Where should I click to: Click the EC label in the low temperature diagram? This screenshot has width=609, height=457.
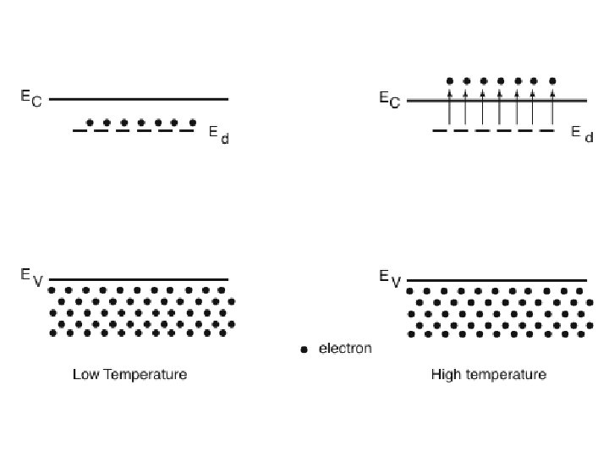tap(31, 98)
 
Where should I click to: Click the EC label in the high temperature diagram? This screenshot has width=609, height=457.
tap(389, 100)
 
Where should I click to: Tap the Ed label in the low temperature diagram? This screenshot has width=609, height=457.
tap(218, 136)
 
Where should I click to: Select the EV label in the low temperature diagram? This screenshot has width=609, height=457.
tap(31, 277)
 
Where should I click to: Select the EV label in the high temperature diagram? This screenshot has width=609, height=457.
tap(389, 277)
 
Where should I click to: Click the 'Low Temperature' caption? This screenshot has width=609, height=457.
tap(129, 373)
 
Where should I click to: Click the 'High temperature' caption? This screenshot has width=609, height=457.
tap(488, 373)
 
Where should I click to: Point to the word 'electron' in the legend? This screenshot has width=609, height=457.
tap(344, 348)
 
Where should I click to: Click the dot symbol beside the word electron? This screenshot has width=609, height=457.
tap(304, 350)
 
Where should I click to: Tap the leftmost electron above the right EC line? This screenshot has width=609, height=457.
tap(449, 81)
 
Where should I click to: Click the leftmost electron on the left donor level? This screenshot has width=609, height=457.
tap(91, 122)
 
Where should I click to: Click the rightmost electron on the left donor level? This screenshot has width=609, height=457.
tap(194, 122)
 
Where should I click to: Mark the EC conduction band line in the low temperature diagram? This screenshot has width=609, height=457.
tap(140, 99)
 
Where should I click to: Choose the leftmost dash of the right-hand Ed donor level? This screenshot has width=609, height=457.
tap(441, 131)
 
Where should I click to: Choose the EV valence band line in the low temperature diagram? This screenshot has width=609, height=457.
tap(140, 279)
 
